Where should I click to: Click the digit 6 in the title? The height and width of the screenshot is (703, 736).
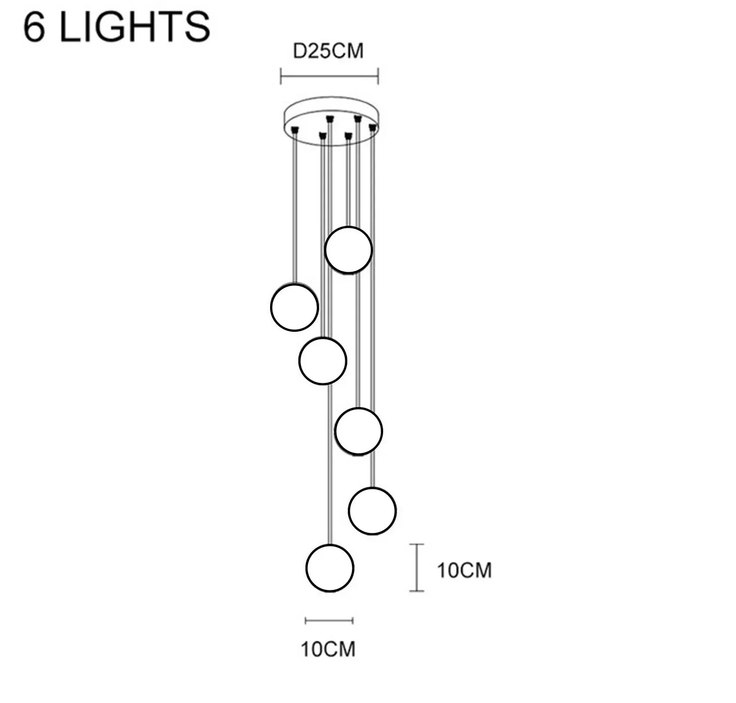pos(34,27)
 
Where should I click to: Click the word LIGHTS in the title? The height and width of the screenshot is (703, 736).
pos(135,27)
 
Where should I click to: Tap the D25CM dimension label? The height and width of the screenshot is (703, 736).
pos(328,51)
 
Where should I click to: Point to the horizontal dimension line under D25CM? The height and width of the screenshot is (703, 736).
pos(329,76)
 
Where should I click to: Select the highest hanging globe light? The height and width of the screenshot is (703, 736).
pos(348,249)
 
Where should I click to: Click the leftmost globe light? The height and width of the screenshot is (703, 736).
pos(294,307)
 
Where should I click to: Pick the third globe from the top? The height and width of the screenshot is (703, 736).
pos(323,361)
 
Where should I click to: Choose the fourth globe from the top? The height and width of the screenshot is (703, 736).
pos(358,431)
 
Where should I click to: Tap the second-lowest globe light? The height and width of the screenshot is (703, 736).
pos(372,511)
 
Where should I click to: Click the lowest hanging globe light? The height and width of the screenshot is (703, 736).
pos(330,568)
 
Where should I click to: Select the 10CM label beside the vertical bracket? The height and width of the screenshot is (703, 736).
pos(464,570)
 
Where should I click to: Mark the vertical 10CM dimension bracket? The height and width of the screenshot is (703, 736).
pos(416,567)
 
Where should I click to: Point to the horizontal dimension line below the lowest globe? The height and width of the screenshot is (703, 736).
pos(329,621)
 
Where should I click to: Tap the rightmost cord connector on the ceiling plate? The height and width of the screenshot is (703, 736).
pos(373,127)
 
